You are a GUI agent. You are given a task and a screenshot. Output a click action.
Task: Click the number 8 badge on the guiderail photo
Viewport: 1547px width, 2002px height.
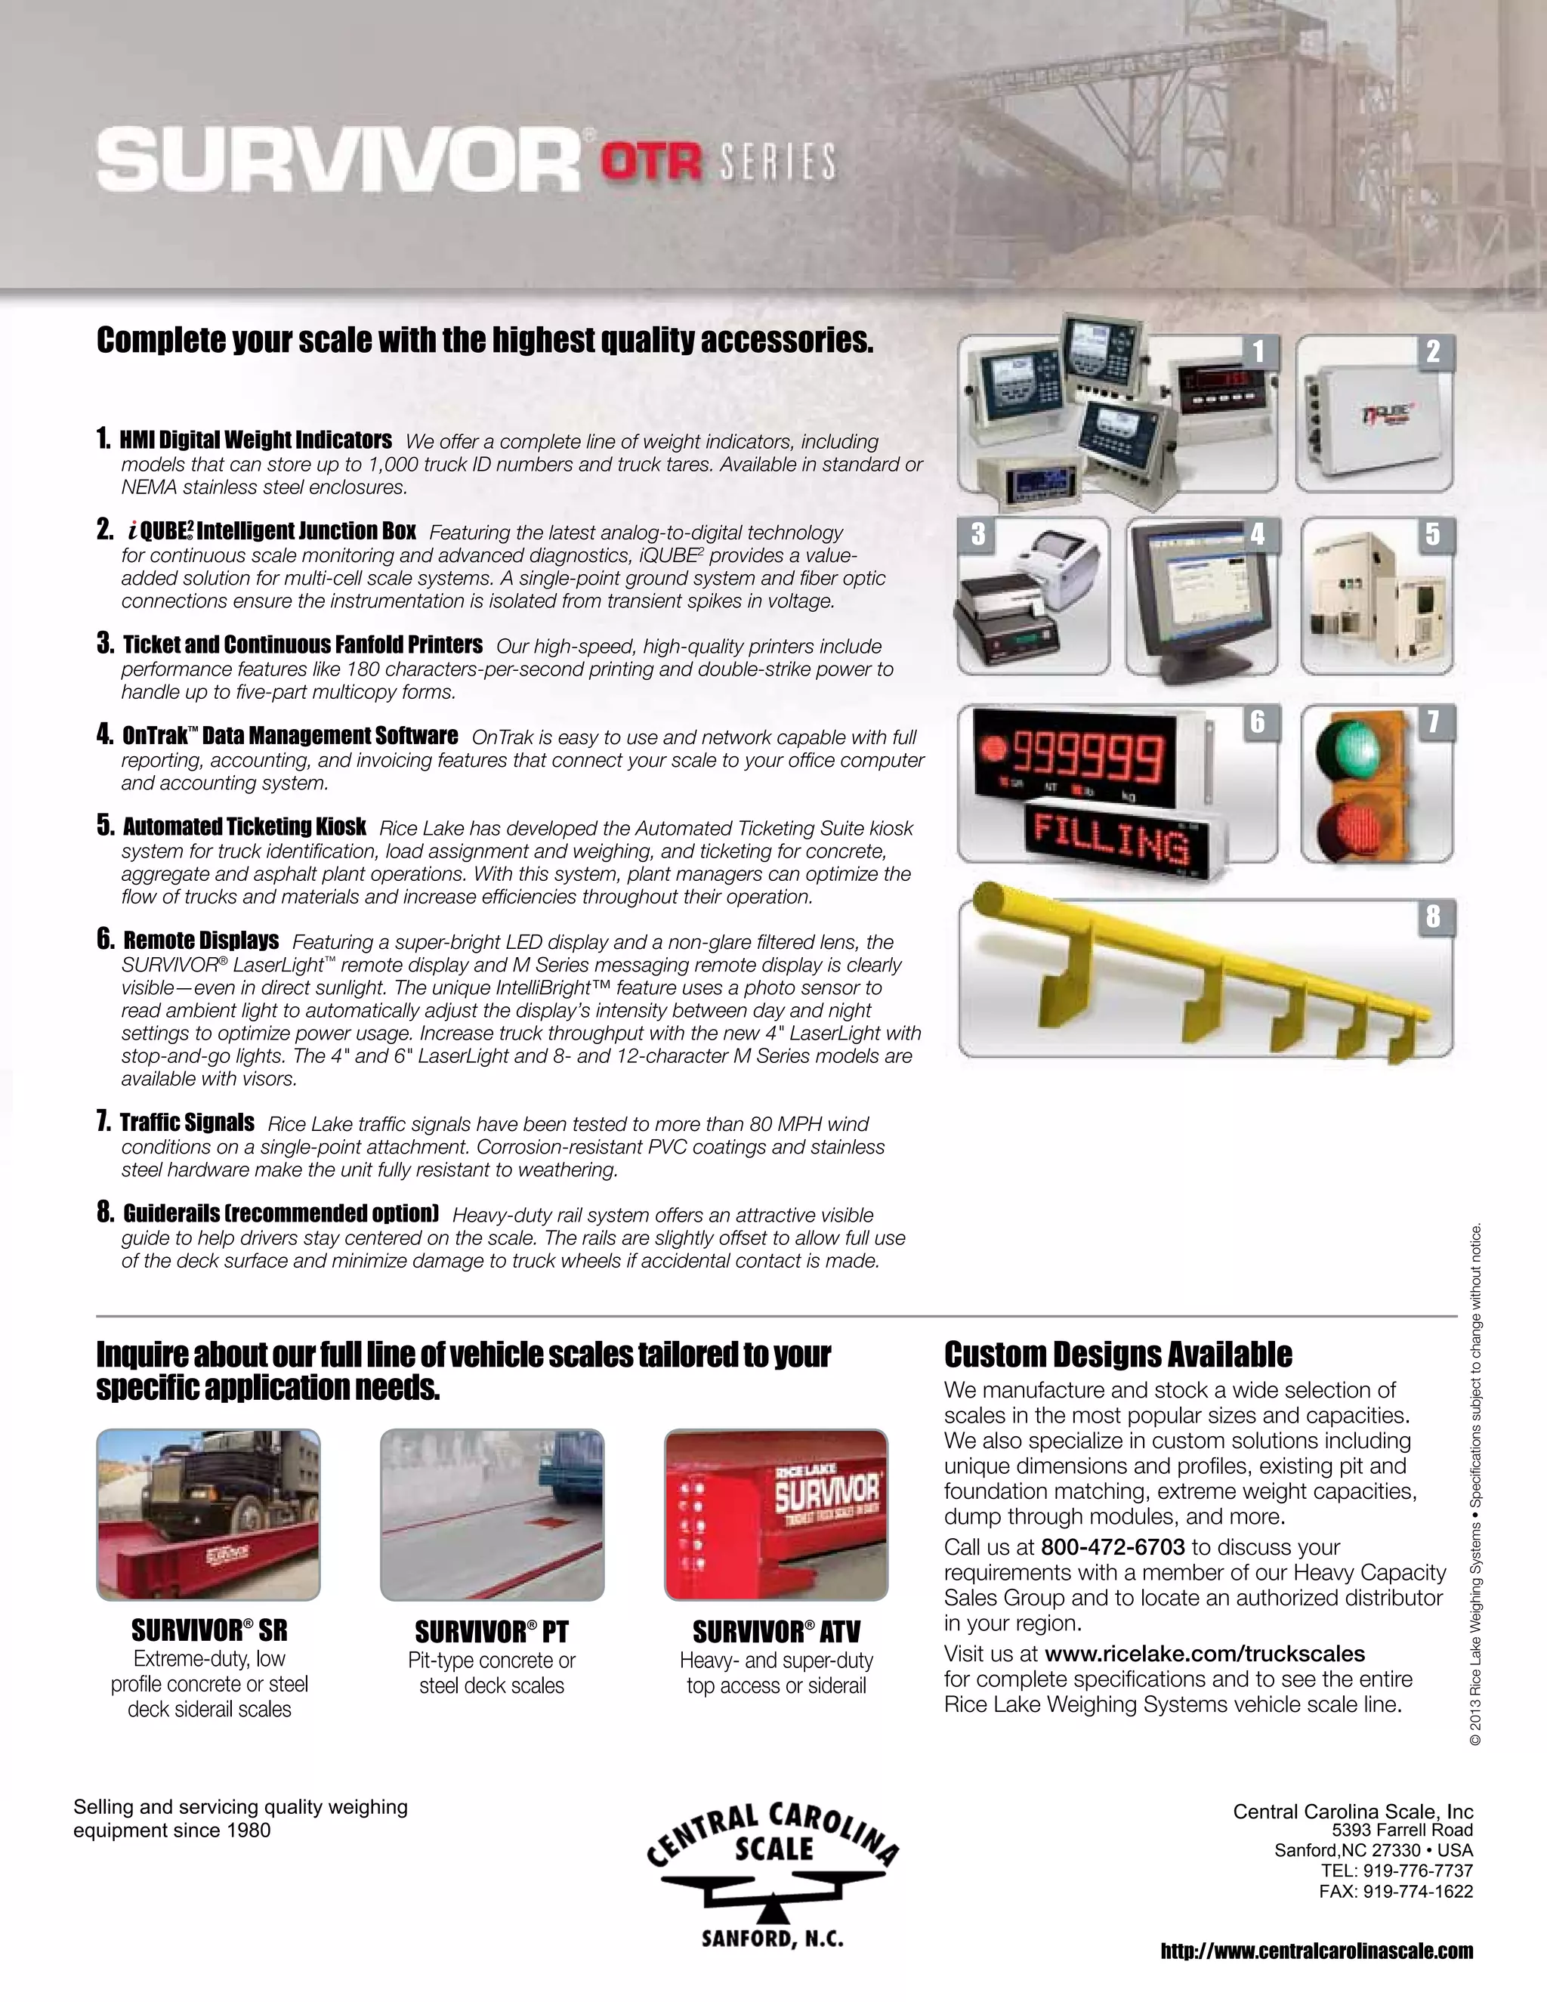pyautogui.click(x=1432, y=916)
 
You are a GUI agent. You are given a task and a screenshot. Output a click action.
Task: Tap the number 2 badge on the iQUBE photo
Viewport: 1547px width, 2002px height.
pyautogui.click(x=1432, y=351)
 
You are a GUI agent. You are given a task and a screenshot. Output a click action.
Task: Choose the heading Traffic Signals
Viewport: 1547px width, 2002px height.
pyautogui.click(x=187, y=1122)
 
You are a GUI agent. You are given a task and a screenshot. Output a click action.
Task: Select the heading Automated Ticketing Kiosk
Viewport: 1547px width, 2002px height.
pyautogui.click(x=244, y=826)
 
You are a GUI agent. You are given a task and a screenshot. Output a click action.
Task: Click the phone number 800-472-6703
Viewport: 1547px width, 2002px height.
pyautogui.click(x=1113, y=1547)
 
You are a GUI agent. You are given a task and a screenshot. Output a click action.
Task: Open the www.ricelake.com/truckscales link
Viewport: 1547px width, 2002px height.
pyautogui.click(x=1204, y=1654)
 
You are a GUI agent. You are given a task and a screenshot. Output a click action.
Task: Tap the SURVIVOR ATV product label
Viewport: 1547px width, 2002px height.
pyautogui.click(x=777, y=1632)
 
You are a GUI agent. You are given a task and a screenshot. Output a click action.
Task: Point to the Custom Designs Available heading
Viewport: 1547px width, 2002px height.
pyautogui.click(x=1117, y=1354)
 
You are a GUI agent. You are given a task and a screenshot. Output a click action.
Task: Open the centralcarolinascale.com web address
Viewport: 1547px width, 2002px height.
pyautogui.click(x=1316, y=1951)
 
